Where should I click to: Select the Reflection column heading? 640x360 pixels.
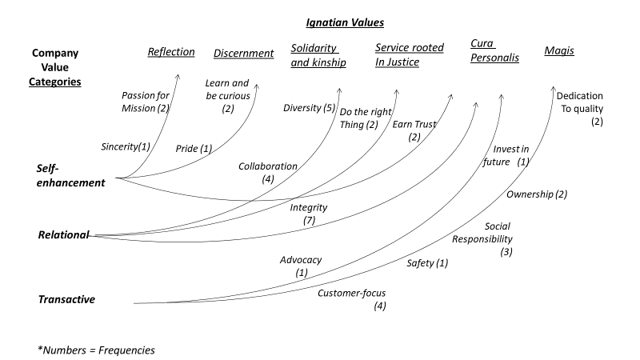[x=170, y=52]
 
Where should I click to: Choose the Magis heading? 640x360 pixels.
[x=558, y=52]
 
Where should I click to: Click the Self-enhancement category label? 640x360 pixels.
[x=70, y=175]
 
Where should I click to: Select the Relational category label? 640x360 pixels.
[x=63, y=235]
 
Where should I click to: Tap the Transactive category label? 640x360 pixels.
[x=66, y=299]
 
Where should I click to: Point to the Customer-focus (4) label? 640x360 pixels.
[x=352, y=298]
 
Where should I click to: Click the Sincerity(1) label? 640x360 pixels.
[x=126, y=147]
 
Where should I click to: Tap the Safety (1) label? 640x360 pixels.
[x=427, y=262]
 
